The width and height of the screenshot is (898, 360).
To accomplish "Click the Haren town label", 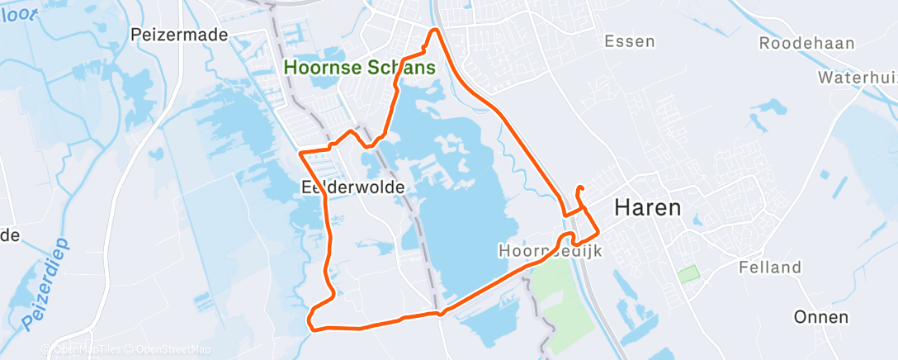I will coord(648,208).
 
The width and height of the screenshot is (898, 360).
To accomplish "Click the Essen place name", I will coord(630,41).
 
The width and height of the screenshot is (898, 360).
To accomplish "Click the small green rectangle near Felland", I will coord(687,272).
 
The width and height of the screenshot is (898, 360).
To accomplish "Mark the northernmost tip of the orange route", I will coord(436,31).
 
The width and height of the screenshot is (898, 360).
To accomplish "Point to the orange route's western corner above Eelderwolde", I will coord(300,153).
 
